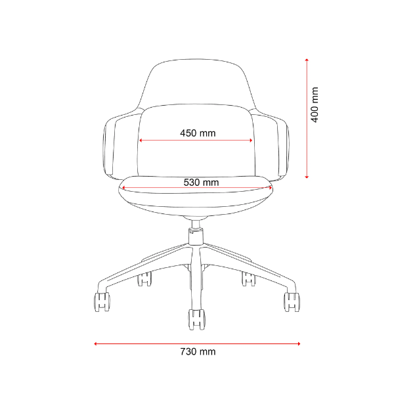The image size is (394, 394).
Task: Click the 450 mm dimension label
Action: click(x=198, y=133)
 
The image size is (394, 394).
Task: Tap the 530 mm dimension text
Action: click(x=201, y=182)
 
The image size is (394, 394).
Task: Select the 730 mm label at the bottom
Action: click(x=198, y=351)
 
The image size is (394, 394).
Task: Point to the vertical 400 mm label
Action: click(x=315, y=105)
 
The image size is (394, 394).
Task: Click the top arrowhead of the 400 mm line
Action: click(x=307, y=60)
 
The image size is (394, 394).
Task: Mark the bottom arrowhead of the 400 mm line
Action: click(x=307, y=177)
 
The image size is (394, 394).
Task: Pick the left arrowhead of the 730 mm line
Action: click(x=95, y=343)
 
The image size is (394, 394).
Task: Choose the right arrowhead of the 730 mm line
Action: click(x=299, y=343)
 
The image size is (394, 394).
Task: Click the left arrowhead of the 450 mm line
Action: click(x=141, y=141)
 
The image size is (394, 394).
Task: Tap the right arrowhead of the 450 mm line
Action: click(x=251, y=141)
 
